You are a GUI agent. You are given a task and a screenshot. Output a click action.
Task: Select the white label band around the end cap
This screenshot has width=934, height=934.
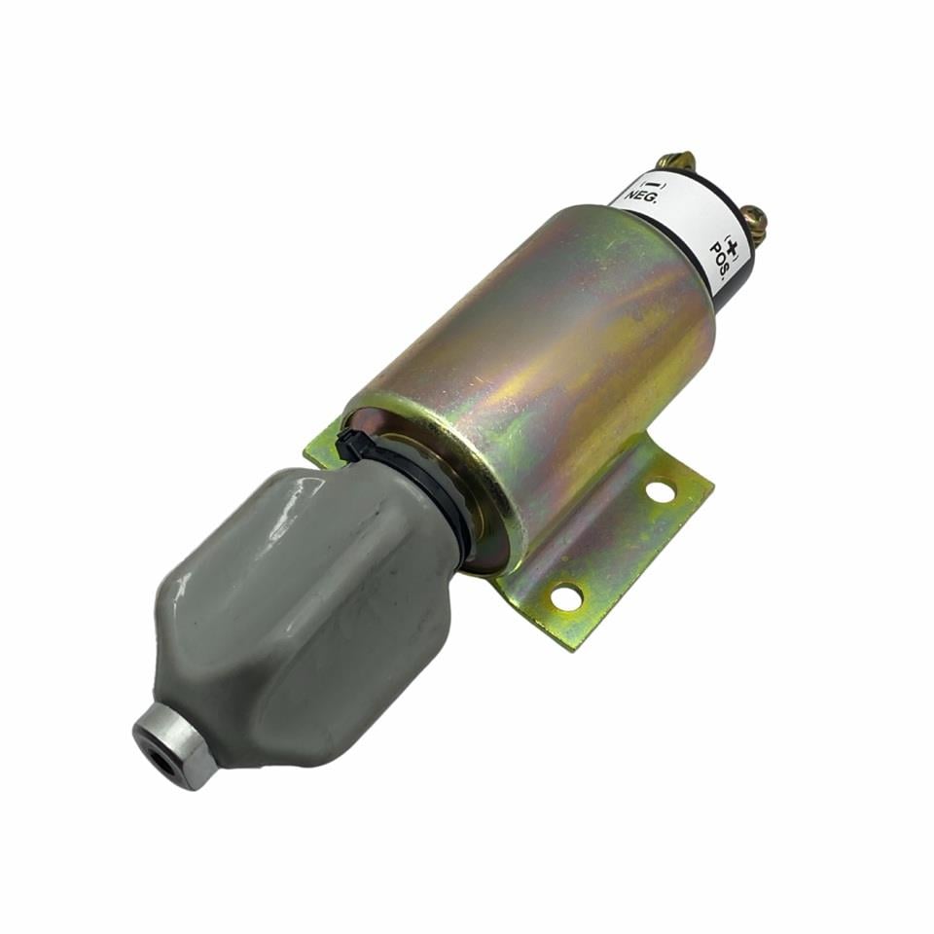(681, 214)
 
